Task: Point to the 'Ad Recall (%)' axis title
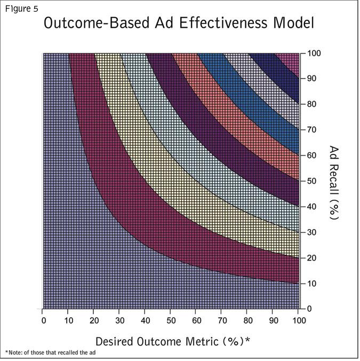tap(334, 182)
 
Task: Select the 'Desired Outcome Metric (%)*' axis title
tap(173, 340)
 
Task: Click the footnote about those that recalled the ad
tap(50, 352)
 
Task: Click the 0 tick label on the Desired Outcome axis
tap(43, 320)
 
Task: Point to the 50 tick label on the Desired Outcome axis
tap(171, 320)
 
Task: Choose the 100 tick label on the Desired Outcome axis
tap(299, 320)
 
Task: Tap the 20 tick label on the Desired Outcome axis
tap(94, 320)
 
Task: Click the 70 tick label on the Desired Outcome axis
tap(222, 320)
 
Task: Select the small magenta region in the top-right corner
tap(293, 60)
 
